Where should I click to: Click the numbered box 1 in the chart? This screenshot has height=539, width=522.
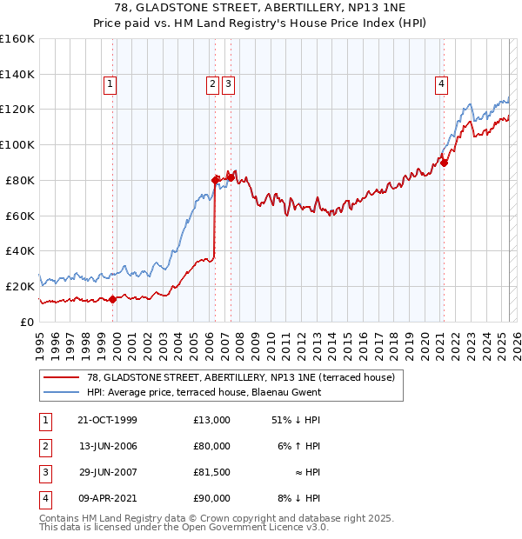[110, 84]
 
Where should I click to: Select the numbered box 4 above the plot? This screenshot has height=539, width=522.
[442, 84]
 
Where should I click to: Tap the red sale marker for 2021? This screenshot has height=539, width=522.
[444, 162]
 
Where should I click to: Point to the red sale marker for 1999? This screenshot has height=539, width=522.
[112, 299]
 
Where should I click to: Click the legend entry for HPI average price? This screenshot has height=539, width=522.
[204, 392]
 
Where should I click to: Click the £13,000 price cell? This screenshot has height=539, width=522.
[212, 420]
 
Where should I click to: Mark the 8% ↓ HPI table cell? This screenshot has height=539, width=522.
[297, 498]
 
